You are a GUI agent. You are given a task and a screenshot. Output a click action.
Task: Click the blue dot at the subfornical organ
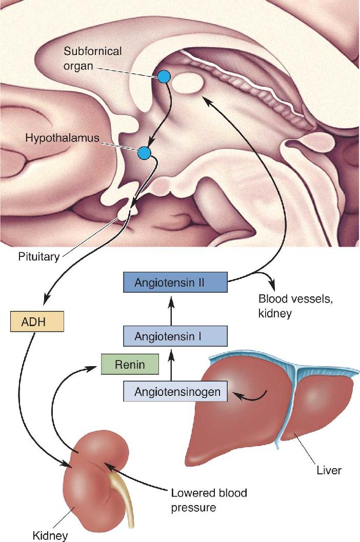164,76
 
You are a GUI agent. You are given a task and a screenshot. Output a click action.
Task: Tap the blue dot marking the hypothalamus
144,152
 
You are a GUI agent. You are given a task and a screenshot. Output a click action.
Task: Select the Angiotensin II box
175,283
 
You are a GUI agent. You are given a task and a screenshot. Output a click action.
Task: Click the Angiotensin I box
175,336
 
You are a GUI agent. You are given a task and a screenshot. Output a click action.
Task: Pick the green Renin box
130,365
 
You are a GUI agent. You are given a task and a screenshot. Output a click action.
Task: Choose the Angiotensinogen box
175,391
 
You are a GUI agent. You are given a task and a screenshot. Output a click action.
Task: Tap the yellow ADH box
37,322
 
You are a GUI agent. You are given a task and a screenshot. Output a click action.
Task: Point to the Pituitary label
39,257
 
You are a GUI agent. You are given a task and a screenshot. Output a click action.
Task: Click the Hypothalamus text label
62,138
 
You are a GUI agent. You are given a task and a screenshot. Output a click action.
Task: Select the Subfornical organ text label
93,58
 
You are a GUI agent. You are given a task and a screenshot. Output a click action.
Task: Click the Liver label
329,470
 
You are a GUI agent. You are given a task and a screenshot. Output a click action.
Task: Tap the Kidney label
50,535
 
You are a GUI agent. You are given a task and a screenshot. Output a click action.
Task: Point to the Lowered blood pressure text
209,500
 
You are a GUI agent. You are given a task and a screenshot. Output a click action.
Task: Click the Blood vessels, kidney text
296,306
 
